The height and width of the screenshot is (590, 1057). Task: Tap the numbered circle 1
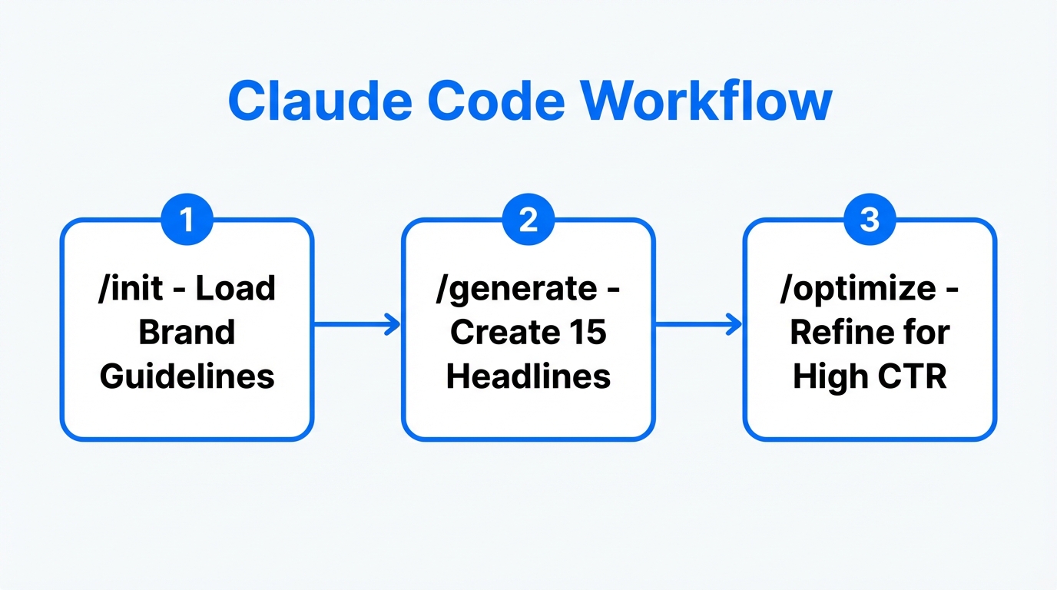click(187, 220)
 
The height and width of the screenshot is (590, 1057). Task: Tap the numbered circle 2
click(528, 220)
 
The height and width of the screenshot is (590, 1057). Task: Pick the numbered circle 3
click(869, 220)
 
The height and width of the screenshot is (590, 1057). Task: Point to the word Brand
click(187, 333)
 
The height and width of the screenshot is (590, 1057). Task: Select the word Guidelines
click(187, 376)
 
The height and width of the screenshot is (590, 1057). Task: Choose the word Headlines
click(528, 376)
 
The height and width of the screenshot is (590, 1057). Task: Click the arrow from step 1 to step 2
click(357, 325)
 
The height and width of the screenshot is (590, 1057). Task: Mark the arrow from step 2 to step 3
click(698, 325)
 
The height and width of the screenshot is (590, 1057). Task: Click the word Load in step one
click(235, 289)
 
